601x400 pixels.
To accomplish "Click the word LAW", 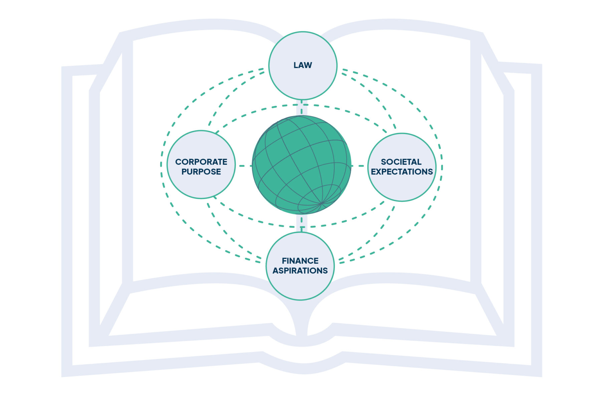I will [303, 65].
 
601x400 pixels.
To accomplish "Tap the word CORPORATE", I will [201, 162].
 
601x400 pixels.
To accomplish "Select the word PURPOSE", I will [201, 172].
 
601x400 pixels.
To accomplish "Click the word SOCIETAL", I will [401, 162].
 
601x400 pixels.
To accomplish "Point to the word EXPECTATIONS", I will [402, 172].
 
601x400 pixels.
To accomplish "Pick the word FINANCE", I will [300, 261].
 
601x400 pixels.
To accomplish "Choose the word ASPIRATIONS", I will [300, 270].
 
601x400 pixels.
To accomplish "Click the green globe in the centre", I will [294, 157].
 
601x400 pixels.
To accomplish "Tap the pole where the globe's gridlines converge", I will [321, 203].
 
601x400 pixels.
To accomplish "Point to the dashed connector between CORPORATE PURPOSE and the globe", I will [244, 166].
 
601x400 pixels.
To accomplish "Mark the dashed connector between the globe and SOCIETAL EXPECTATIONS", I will [359, 166].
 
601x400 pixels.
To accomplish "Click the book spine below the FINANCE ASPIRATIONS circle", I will [302, 320].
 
